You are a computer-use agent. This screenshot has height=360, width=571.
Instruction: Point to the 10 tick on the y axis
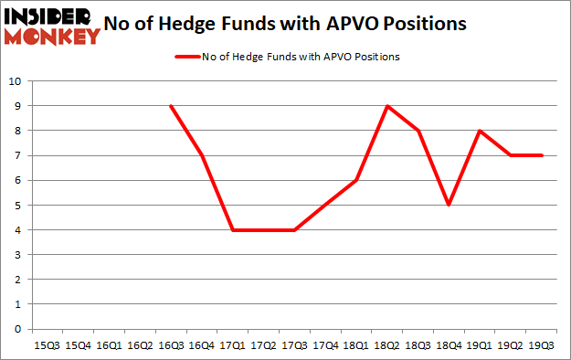click(16, 80)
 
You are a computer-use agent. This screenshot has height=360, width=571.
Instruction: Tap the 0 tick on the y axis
click(18, 329)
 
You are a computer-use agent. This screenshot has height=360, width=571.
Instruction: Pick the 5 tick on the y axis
click(18, 205)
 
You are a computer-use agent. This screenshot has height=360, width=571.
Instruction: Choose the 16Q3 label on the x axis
click(170, 345)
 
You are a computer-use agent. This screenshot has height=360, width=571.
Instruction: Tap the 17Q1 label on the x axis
click(232, 345)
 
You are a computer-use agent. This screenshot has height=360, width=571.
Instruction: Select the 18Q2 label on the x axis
click(387, 345)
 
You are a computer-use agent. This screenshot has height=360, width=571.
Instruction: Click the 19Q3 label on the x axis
click(543, 345)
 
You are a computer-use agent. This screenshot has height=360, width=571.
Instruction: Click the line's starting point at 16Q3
click(170, 106)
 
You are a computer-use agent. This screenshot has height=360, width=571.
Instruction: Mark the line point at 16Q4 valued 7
click(201, 155)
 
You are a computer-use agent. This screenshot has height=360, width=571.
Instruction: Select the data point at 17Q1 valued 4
click(232, 229)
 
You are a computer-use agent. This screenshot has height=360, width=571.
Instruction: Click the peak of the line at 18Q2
click(387, 106)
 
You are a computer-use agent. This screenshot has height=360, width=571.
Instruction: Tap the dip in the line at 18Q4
click(449, 205)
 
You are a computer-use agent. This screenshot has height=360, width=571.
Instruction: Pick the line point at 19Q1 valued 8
click(481, 131)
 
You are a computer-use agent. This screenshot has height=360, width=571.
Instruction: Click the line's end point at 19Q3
click(543, 155)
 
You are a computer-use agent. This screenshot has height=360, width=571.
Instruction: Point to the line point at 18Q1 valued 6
click(356, 180)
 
